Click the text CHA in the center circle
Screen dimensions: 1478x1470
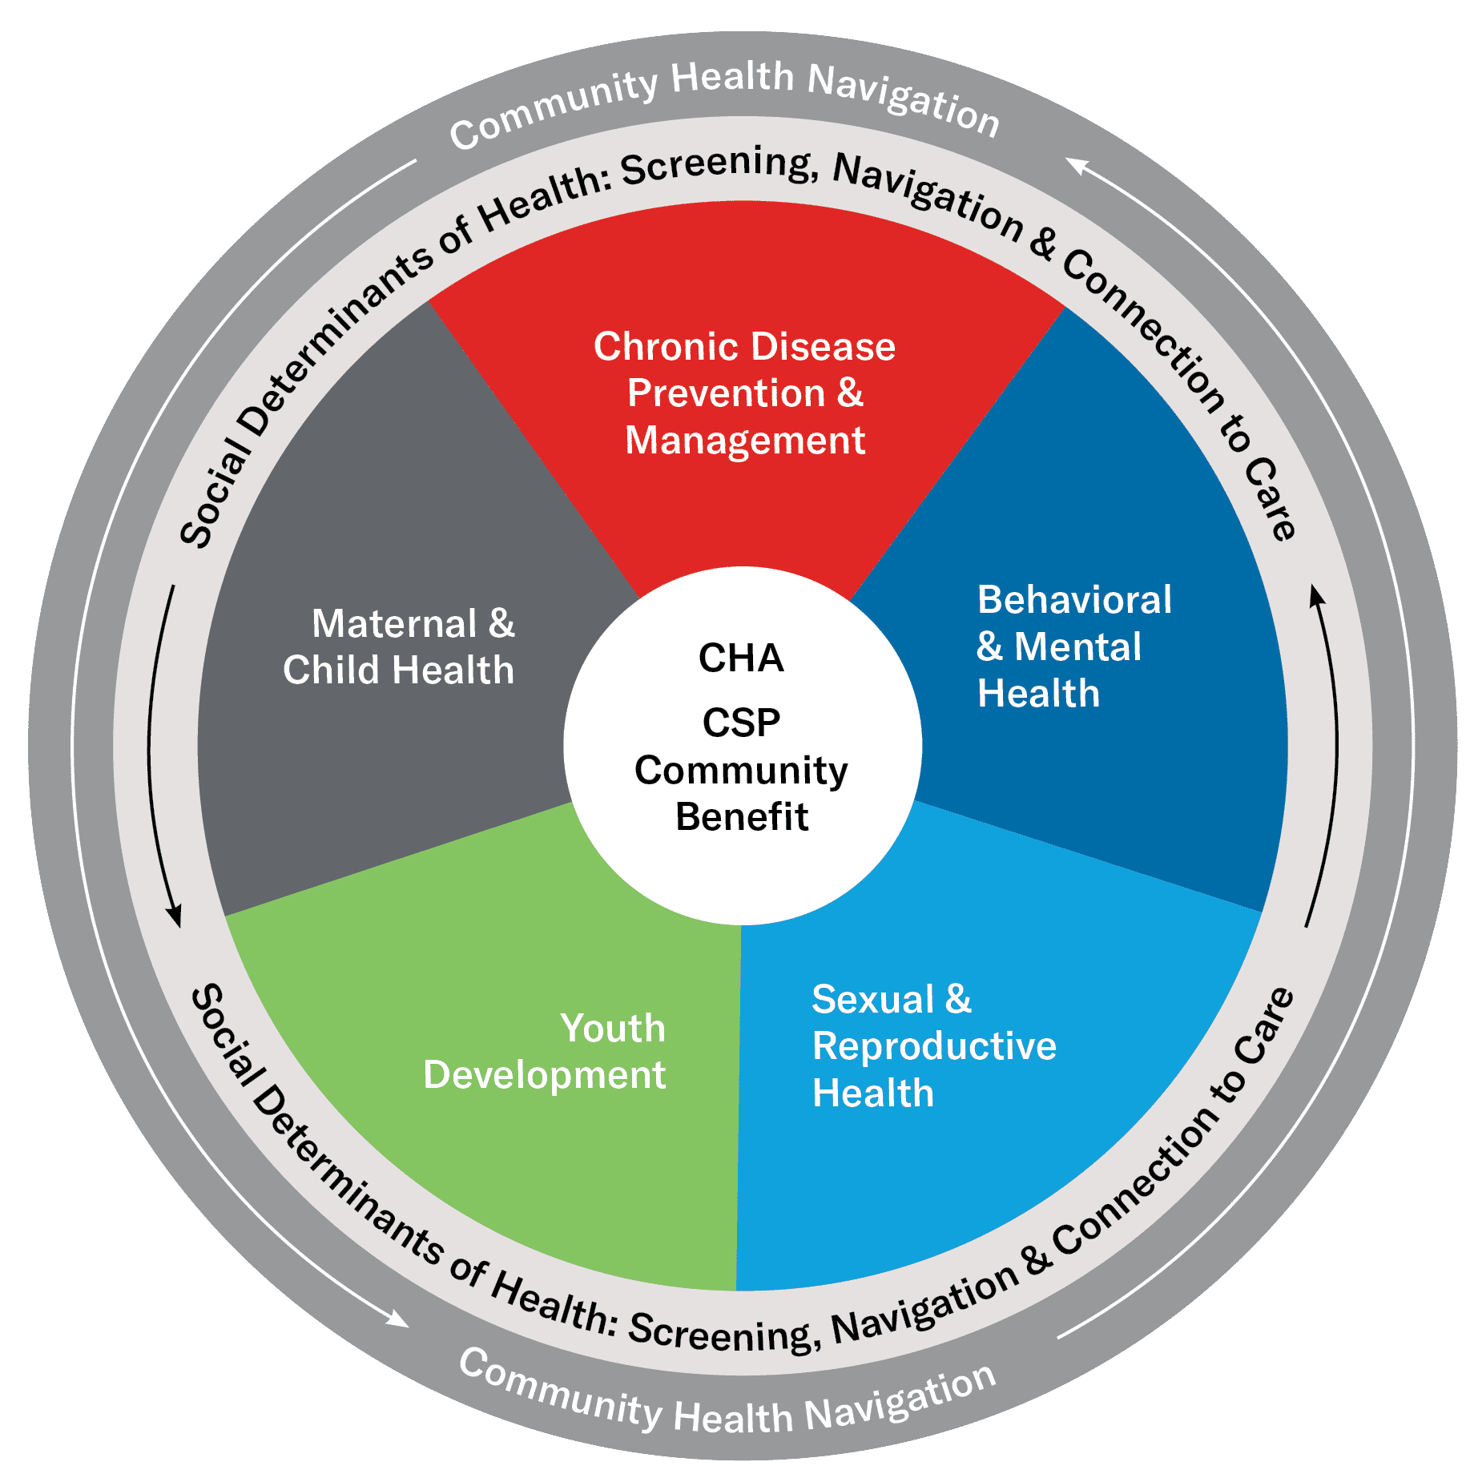coord(741,658)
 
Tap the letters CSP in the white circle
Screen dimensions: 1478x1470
coord(741,723)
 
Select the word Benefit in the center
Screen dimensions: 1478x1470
coord(742,817)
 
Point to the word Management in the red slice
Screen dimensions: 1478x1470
coord(745,441)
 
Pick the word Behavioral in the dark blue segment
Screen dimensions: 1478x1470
coord(1074,600)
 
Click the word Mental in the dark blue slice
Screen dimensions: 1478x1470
coord(1077,647)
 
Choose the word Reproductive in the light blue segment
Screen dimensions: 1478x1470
coord(934,1046)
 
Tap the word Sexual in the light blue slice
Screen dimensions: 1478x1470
coord(873,1000)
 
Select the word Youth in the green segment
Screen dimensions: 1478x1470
coord(613,1029)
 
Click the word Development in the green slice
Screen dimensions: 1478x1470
coord(545,1075)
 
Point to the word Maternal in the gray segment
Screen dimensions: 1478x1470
coord(394,624)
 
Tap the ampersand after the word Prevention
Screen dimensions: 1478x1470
coord(850,393)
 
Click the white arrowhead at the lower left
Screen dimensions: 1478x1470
coord(398,1319)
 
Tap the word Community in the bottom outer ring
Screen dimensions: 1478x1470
coord(559,1390)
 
